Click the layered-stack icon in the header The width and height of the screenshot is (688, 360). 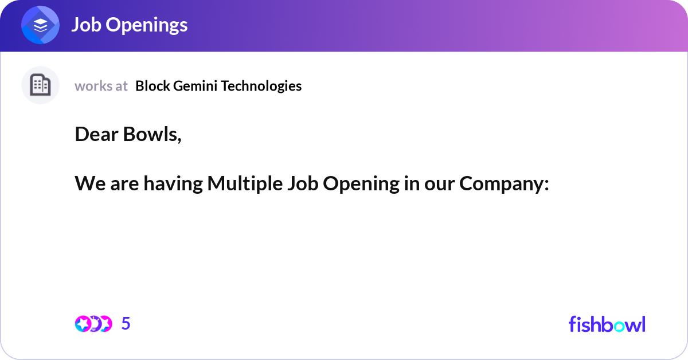(x=40, y=25)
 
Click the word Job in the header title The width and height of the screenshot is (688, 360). (x=87, y=25)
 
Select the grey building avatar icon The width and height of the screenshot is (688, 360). (x=40, y=85)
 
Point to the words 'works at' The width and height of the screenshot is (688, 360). (x=101, y=86)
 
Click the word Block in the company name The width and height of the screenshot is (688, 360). (x=153, y=86)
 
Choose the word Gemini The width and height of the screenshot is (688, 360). (x=196, y=86)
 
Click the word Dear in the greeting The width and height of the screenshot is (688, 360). (x=96, y=134)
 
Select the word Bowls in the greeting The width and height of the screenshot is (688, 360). (x=152, y=135)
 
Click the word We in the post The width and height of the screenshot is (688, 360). (x=91, y=183)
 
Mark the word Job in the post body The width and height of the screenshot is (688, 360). (x=303, y=183)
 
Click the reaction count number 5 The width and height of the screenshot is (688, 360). (x=126, y=323)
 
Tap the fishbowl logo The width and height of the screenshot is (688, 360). (x=607, y=324)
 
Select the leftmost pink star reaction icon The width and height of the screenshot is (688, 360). (x=83, y=324)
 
